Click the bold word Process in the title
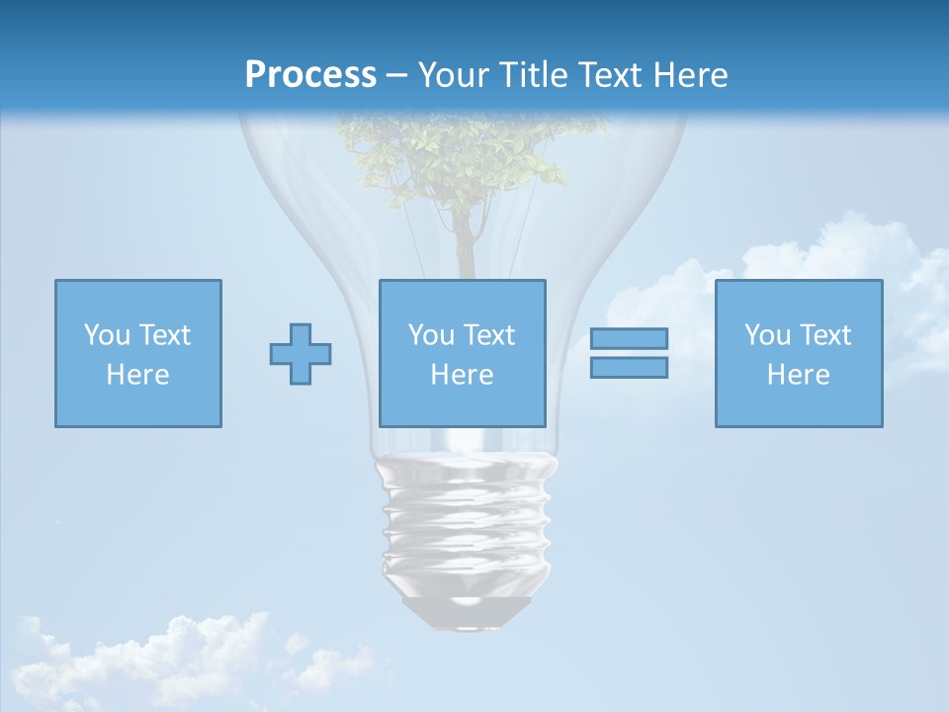(310, 75)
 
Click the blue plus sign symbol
(301, 354)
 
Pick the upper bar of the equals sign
(629, 338)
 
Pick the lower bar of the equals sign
(629, 368)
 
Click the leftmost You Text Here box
(137, 353)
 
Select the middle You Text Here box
(462, 353)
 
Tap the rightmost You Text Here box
(798, 353)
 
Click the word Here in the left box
(137, 375)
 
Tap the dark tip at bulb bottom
(467, 613)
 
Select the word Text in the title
(607, 75)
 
